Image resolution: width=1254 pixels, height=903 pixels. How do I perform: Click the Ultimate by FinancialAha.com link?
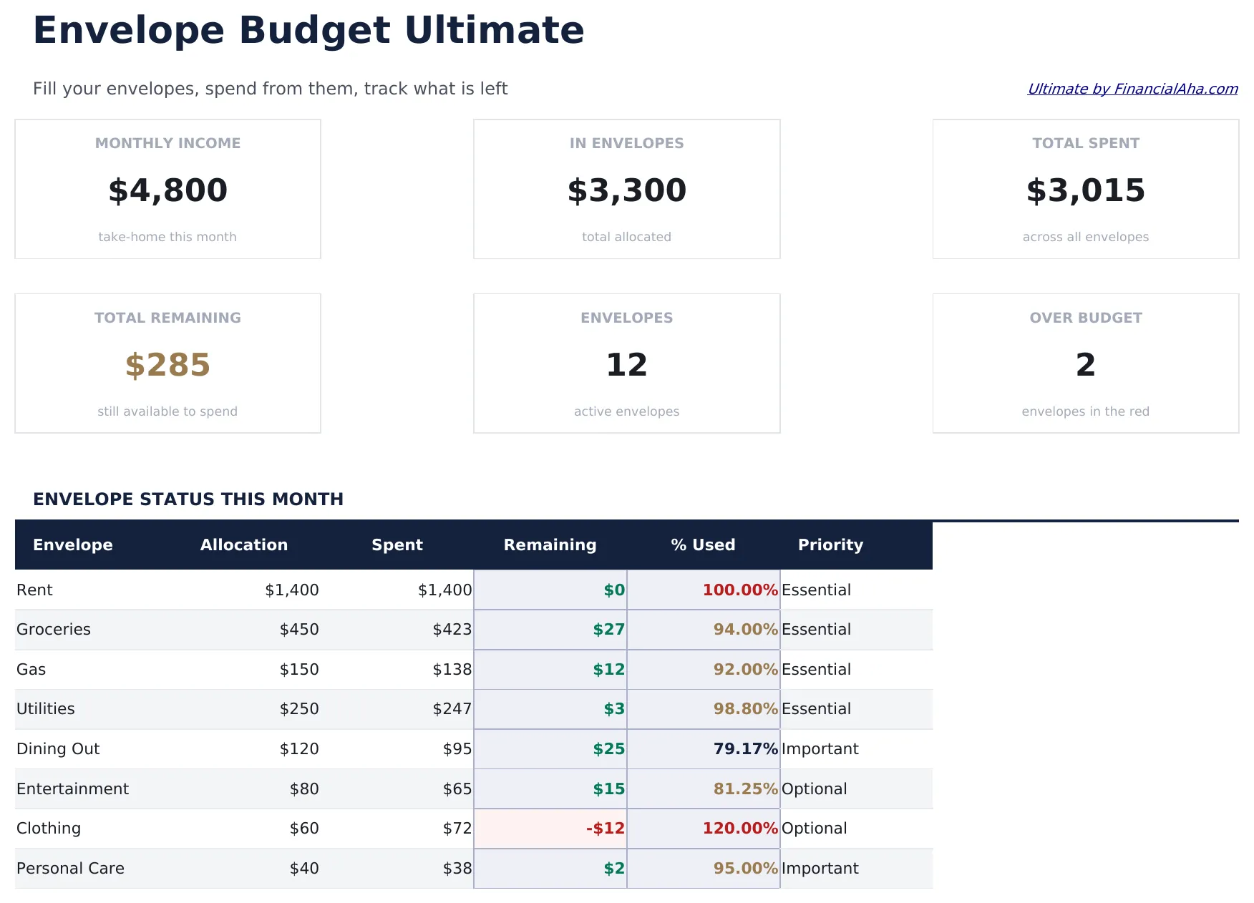coord(1132,89)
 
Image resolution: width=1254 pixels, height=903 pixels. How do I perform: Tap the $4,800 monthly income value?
coord(167,190)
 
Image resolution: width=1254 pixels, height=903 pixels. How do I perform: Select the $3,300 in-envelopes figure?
coord(626,190)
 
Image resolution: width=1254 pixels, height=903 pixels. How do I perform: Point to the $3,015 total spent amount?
coord(1085,190)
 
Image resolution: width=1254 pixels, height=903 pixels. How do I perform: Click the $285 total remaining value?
coord(167,365)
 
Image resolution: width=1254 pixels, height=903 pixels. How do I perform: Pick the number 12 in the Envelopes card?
coord(626,365)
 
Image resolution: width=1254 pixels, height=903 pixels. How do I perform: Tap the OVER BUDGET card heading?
coord(1085,318)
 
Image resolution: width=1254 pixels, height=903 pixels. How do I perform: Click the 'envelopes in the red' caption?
coord(1085,411)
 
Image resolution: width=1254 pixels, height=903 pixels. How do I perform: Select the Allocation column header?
coord(243,545)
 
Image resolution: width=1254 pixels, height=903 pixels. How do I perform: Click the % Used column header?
coord(703,545)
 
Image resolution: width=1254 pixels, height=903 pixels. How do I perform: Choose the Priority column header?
coord(830,545)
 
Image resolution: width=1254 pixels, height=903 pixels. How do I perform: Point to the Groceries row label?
coord(54,630)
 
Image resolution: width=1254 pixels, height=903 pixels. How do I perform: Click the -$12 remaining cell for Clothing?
coord(605,829)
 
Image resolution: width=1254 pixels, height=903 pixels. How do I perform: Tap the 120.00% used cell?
coord(739,829)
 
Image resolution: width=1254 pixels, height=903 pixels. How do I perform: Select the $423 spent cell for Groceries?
coord(452,630)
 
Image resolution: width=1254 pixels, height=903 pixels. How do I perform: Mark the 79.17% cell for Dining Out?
coord(744,749)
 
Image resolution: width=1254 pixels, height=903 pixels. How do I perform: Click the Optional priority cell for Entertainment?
coord(814,789)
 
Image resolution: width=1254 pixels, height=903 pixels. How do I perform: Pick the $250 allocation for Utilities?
coord(299,709)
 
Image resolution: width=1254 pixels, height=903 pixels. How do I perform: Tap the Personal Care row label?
coord(70,869)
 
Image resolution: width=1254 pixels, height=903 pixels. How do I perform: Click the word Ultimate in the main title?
coord(494,30)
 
